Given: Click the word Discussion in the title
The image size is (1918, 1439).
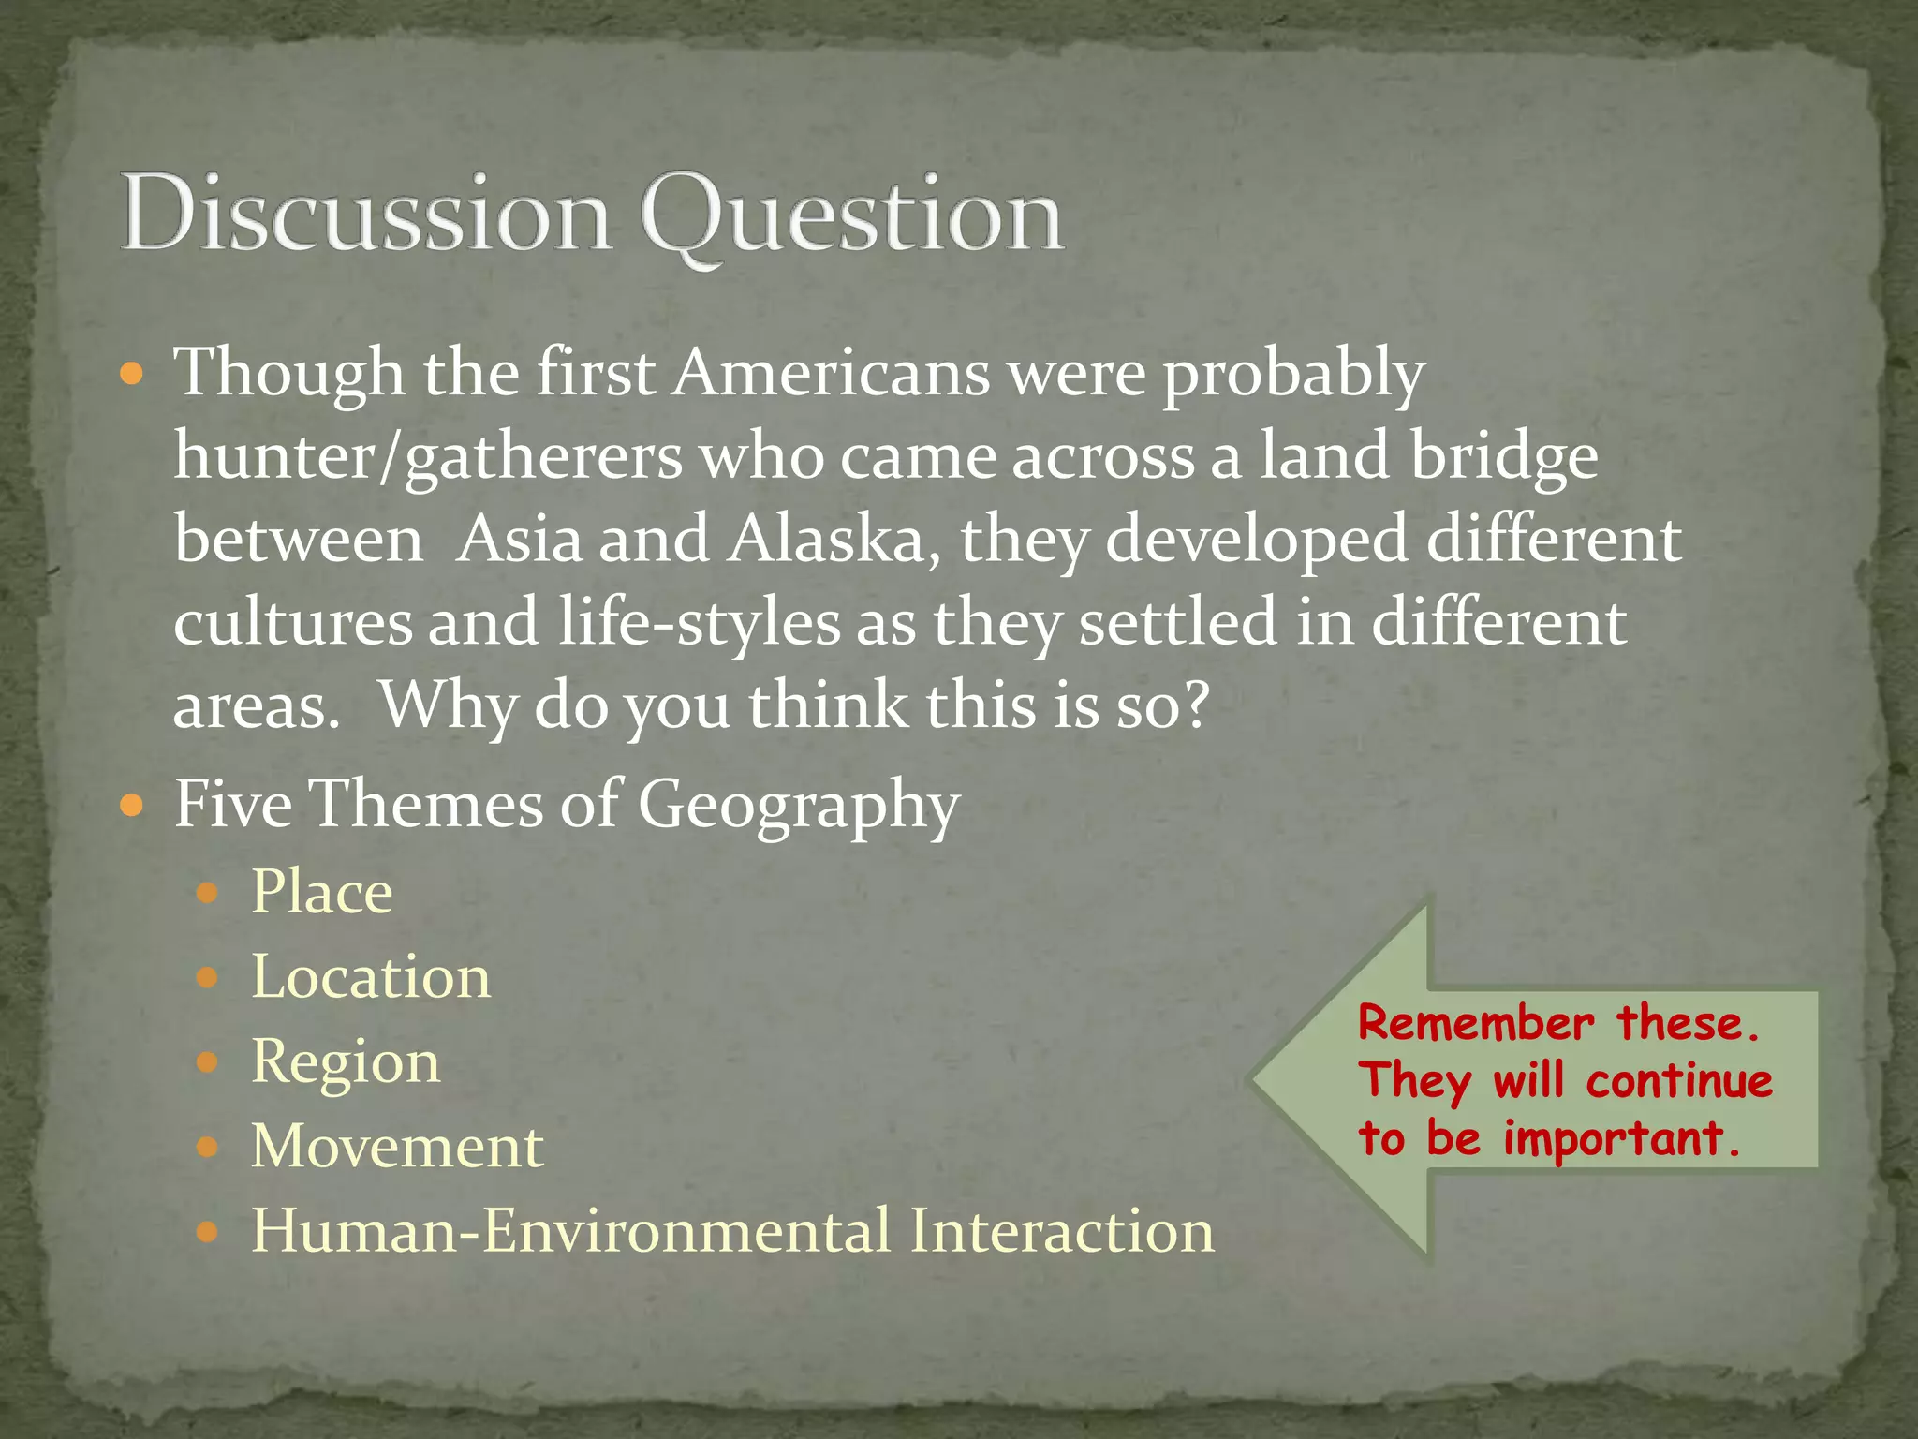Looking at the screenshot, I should [x=365, y=214].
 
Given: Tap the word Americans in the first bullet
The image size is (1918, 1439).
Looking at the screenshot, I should [x=832, y=373].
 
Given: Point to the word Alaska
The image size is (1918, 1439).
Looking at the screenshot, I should [x=828, y=541].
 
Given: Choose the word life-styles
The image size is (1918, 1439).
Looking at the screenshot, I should [x=700, y=623].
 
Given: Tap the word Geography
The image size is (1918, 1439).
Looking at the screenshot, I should [x=799, y=806].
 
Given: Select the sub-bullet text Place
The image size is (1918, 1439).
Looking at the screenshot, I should [x=321, y=892].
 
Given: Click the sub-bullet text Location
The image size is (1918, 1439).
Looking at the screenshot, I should [x=371, y=977].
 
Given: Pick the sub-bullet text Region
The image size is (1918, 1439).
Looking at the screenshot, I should [x=346, y=1062].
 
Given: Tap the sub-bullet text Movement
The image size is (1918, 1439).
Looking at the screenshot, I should [x=397, y=1147].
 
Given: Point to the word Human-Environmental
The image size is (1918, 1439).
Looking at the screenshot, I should [x=571, y=1231].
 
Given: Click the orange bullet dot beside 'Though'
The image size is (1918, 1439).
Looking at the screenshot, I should [x=132, y=376].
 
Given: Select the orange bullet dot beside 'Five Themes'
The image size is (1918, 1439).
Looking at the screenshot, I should [x=132, y=805].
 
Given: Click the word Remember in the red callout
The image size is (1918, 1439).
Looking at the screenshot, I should [x=1475, y=1023].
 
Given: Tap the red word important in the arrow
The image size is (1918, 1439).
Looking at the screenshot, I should [x=1620, y=1140].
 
